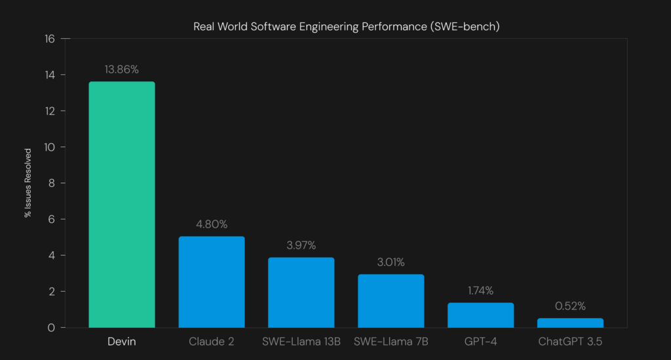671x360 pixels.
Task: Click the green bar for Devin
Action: pos(122,205)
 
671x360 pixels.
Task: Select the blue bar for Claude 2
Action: pos(212,282)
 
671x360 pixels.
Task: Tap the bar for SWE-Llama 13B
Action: pos(301,292)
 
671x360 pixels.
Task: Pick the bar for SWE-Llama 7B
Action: pos(391,301)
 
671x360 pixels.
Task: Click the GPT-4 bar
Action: pos(480,315)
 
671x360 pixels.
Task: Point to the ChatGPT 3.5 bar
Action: pos(570,323)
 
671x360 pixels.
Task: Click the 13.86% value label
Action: pos(122,70)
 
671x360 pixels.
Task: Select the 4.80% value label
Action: pos(212,224)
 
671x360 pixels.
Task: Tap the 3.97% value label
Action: pos(301,245)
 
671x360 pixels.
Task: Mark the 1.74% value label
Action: pos(480,290)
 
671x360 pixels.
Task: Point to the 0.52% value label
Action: pos(570,306)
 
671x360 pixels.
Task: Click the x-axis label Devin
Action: pos(122,342)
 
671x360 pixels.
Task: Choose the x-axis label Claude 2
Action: pos(212,342)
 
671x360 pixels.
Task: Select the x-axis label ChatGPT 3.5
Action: pos(570,342)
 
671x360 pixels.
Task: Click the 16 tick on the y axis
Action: pos(50,39)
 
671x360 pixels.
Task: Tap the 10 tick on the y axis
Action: pos(50,147)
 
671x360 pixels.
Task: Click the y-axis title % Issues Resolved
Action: pos(28,183)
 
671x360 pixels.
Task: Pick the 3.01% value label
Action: pos(391,262)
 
